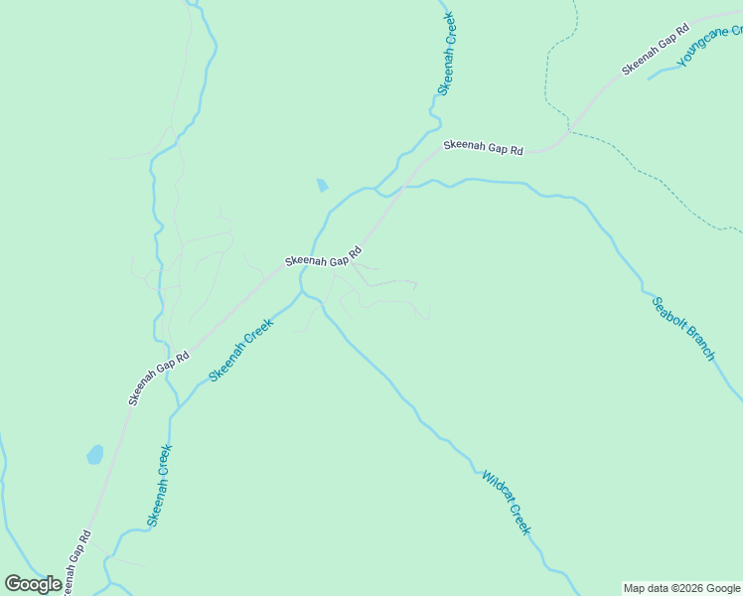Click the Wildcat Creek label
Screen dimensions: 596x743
(507, 503)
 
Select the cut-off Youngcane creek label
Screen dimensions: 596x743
(709, 47)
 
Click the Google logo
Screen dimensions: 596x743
(34, 583)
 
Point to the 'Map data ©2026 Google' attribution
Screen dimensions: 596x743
(682, 588)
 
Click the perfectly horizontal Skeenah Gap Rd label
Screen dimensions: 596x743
(483, 146)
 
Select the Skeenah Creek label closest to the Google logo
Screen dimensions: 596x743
(160, 485)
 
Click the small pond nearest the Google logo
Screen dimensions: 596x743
(95, 455)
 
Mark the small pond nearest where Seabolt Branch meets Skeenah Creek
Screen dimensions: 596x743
(322, 185)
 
